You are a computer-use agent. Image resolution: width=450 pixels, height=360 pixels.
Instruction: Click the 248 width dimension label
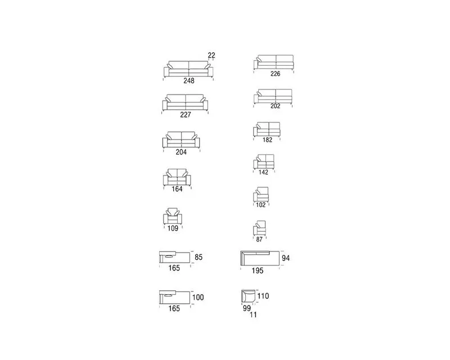[x=189, y=81]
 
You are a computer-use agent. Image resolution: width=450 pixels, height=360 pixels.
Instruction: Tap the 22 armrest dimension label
[x=211, y=55]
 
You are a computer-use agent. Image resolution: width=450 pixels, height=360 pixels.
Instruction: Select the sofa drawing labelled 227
[x=185, y=102]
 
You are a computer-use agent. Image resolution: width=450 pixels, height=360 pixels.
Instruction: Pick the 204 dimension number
[x=181, y=152]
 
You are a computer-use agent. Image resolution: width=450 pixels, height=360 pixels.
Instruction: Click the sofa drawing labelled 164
[x=177, y=177]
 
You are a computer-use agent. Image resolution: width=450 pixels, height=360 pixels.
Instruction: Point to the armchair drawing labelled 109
[x=173, y=216]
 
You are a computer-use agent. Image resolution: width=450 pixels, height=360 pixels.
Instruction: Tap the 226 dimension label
[x=275, y=74]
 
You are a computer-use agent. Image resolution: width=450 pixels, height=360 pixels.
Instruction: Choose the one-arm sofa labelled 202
[x=273, y=96]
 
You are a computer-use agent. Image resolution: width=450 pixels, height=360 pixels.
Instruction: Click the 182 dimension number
[x=267, y=140]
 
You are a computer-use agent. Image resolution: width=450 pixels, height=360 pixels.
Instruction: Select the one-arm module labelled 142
[x=264, y=161]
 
